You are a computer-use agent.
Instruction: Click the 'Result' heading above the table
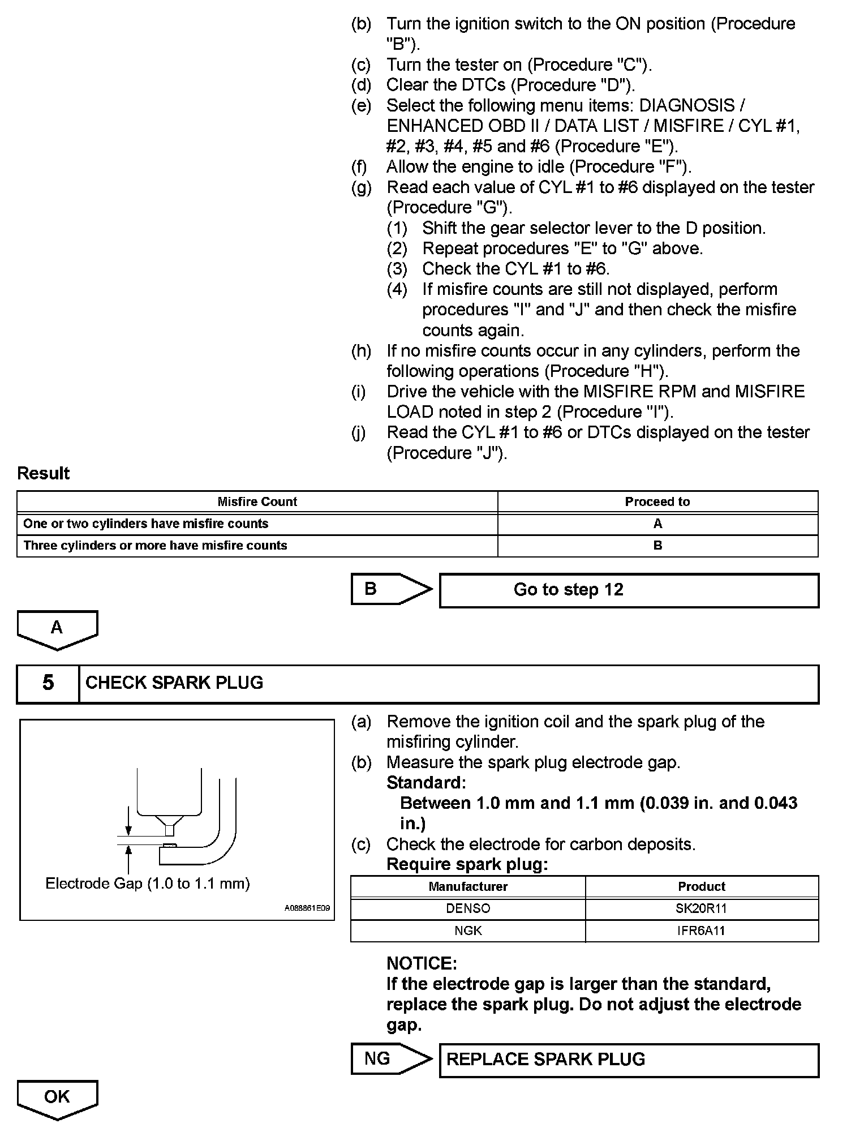[44, 474]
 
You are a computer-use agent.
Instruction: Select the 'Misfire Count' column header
[257, 502]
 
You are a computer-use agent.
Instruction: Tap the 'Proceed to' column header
[657, 502]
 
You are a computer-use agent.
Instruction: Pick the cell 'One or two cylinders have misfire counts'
[145, 524]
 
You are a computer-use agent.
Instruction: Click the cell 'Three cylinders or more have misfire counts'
[155, 546]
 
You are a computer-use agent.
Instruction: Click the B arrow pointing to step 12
[390, 590]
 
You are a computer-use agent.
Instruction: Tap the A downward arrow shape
[57, 629]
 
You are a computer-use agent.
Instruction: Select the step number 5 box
[48, 683]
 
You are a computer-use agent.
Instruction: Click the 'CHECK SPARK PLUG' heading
[174, 683]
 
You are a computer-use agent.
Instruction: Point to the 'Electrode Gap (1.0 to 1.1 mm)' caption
[148, 884]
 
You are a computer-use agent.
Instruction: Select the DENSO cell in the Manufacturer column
[468, 909]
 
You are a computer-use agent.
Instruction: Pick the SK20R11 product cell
[701, 909]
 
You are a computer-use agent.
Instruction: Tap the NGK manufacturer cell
[468, 931]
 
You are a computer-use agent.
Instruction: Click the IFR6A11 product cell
[701, 931]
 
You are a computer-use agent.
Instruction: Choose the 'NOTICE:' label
[422, 963]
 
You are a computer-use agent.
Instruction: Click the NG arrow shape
[390, 1059]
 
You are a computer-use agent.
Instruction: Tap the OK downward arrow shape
[57, 1099]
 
